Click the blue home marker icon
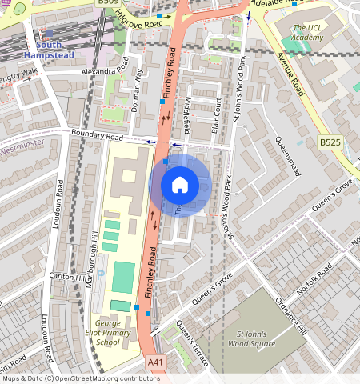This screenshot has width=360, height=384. tap(180, 185)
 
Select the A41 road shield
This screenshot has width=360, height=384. tap(157, 363)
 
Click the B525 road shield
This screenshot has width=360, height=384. tap(330, 142)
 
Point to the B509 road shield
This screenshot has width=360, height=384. tap(108, 3)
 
